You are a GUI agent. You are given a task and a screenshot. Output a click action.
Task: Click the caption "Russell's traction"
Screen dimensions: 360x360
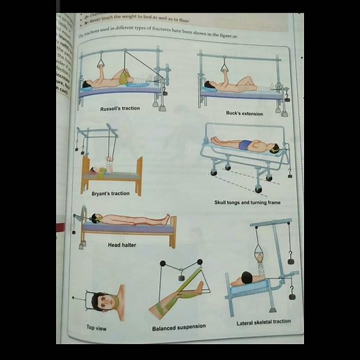120,109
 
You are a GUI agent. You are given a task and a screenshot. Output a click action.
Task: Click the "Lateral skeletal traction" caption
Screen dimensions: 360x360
263,322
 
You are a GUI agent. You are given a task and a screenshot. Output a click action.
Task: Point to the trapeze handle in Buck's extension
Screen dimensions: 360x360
225,67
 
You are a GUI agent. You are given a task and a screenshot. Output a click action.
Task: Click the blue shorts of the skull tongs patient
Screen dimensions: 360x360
244,145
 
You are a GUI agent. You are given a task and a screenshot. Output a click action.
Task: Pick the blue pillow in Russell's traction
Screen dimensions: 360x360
86,87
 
